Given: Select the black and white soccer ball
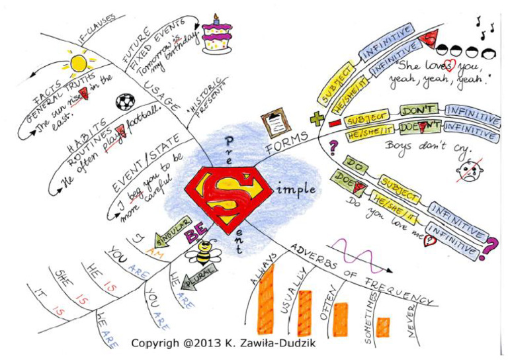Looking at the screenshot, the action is point(124,103).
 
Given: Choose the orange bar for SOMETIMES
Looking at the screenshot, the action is point(383,327).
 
